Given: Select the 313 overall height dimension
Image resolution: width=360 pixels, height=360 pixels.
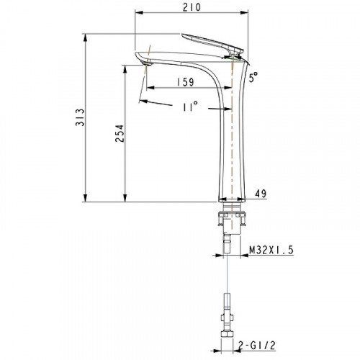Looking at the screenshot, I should (x=79, y=117).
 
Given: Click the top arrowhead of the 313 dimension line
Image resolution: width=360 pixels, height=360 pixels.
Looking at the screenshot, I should (x=86, y=35).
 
